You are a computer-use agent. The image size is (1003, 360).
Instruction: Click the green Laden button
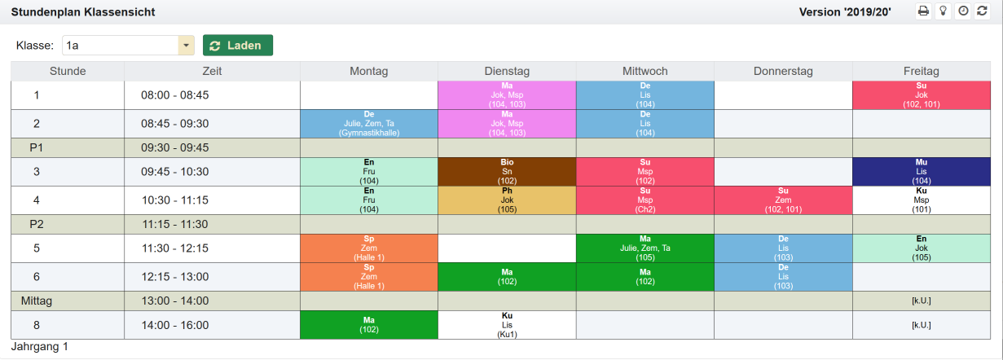pyautogui.click(x=237, y=46)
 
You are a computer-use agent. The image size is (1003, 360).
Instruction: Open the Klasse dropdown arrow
pyautogui.click(x=187, y=46)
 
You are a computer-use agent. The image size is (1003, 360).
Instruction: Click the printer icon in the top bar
pyautogui.click(x=923, y=11)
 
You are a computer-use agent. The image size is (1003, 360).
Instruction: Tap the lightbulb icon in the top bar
pyautogui.click(x=944, y=11)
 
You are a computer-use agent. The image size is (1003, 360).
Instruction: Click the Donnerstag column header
pyautogui.click(x=783, y=72)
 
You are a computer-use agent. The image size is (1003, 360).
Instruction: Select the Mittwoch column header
pyautogui.click(x=644, y=72)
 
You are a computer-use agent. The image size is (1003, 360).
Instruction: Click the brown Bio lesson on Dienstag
pyautogui.click(x=507, y=172)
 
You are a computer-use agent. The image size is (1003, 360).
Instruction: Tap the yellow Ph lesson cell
pyautogui.click(x=507, y=200)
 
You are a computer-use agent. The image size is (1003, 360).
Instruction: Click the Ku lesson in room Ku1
pyautogui.click(x=507, y=324)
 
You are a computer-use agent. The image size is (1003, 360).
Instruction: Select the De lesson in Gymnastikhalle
pyautogui.click(x=369, y=124)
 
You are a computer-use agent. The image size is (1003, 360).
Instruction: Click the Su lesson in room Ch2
pyautogui.click(x=644, y=200)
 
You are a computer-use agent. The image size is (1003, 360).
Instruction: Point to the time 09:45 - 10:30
pyautogui.click(x=174, y=172)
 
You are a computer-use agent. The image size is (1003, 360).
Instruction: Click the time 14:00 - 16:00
pyautogui.click(x=174, y=325)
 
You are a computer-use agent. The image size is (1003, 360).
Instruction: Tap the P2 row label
pyautogui.click(x=36, y=225)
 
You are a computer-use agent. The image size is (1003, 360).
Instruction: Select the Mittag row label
pyautogui.click(x=37, y=301)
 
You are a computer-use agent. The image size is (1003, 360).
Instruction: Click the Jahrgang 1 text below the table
pyautogui.click(x=40, y=347)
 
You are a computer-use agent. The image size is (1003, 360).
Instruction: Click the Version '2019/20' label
pyautogui.click(x=845, y=12)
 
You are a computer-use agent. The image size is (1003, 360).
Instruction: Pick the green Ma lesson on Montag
pyautogui.click(x=369, y=324)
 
